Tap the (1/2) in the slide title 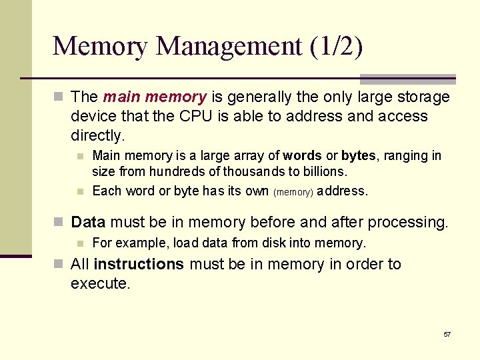(336, 47)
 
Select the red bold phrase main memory (155, 97)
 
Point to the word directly (97, 136)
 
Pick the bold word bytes (359, 156)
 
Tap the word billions (323, 172)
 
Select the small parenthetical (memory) (293, 192)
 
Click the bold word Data (89, 222)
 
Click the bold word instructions (139, 264)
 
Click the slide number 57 (447, 334)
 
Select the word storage (423, 97)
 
